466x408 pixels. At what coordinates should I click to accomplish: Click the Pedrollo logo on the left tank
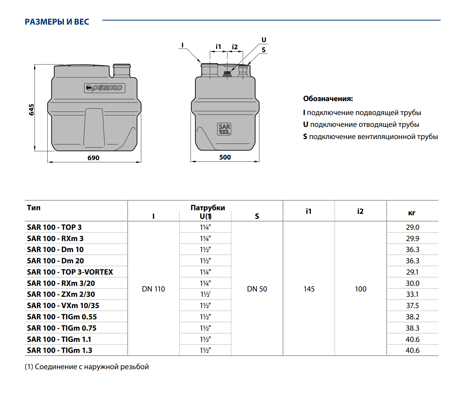[105, 88]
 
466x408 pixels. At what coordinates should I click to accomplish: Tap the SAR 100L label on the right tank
[224, 129]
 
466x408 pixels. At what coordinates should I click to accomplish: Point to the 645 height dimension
[31, 110]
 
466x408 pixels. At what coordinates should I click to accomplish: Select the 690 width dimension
[93, 158]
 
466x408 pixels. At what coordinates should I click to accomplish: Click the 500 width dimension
[225, 157]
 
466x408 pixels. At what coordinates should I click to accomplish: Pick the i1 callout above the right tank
[218, 47]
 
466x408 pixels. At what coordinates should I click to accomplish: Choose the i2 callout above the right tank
[235, 47]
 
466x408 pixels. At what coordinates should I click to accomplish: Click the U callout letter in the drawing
[264, 40]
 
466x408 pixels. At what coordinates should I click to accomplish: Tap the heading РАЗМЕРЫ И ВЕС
[57, 22]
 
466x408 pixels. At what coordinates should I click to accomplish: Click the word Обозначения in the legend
[328, 99]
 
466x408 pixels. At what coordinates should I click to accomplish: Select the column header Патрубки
[208, 208]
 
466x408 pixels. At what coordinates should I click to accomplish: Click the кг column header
[412, 213]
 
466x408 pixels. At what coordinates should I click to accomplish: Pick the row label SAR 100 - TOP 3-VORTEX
[70, 272]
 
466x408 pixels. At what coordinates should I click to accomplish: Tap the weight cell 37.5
[412, 306]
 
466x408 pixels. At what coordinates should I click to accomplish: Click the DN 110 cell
[153, 289]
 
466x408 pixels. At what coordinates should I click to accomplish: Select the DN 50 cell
[257, 289]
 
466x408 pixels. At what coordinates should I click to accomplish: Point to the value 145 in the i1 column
[309, 289]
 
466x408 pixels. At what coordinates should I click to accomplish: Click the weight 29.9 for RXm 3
[412, 238]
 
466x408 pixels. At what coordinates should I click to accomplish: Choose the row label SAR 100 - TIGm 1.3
[60, 350]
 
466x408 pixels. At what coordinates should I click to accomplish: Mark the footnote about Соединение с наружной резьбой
[87, 367]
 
